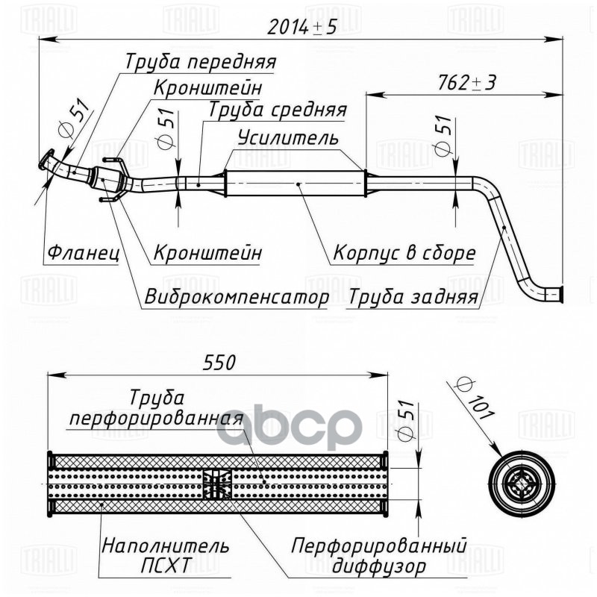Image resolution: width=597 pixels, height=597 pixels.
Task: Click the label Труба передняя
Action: coord(201,61)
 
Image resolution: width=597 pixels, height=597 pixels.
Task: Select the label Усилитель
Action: coord(288,138)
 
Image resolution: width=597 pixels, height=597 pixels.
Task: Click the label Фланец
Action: coord(83,253)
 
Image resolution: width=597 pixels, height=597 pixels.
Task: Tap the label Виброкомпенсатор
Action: coord(237,298)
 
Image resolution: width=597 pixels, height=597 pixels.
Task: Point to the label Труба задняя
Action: coord(412,298)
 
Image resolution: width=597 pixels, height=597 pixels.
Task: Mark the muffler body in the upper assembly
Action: coord(295,183)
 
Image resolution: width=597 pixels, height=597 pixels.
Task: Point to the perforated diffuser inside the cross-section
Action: coord(217,484)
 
